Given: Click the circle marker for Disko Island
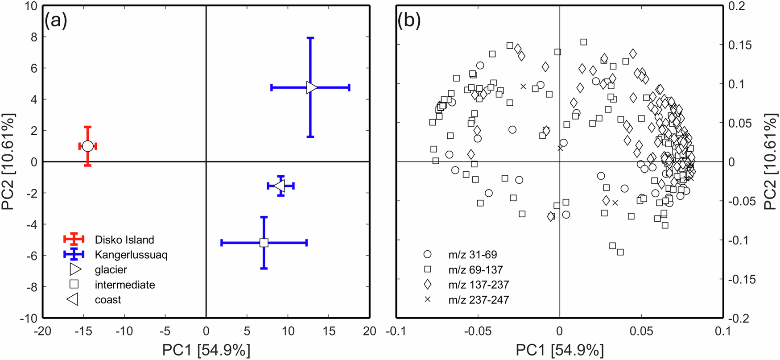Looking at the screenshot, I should point(88,146).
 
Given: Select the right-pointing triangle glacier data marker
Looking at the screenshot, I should point(311,87).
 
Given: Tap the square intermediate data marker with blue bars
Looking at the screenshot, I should point(264,243).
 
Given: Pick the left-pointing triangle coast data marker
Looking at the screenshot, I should point(280,186).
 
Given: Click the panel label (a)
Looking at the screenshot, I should point(56,21).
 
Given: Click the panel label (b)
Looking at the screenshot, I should point(409,21).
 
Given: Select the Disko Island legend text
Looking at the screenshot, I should point(124,240).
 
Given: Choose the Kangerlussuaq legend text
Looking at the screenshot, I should point(131,255).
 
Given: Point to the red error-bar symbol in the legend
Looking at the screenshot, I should point(74,239).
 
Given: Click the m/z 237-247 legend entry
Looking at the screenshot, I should point(479,300).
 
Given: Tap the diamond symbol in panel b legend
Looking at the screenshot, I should point(427,285).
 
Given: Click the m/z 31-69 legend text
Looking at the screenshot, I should point(472,255).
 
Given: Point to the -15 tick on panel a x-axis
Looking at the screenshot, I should point(83,331).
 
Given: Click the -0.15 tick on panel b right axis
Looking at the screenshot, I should point(742,279).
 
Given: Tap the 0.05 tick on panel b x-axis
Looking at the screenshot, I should point(641,331).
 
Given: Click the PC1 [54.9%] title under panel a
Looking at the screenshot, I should point(206,350).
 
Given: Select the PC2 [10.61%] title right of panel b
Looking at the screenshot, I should point(771,161).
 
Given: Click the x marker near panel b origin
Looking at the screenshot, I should point(561,148).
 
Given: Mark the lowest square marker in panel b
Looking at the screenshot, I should point(620,252).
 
